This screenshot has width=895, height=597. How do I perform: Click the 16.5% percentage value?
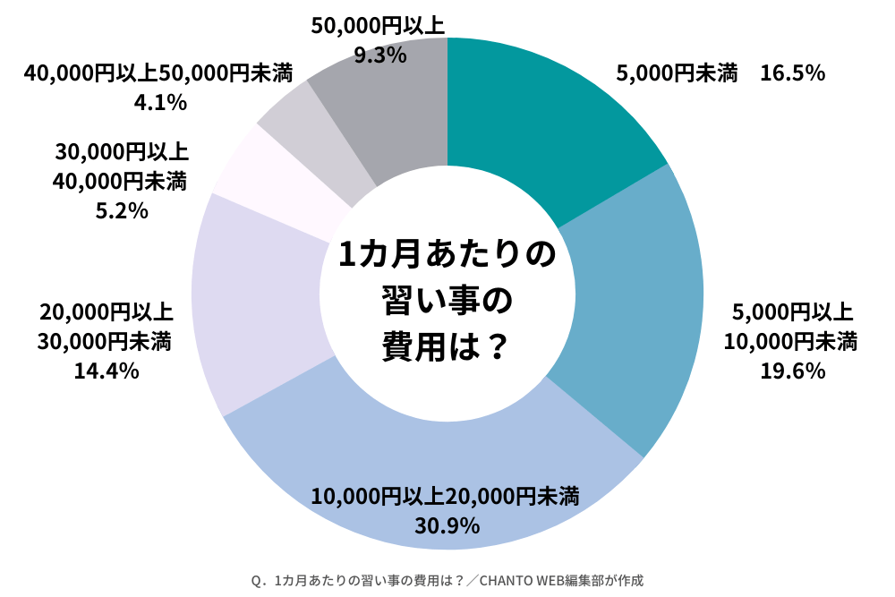click(x=791, y=73)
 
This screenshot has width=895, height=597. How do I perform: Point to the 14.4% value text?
click(x=106, y=370)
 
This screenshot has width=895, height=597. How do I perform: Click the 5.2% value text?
click(x=121, y=211)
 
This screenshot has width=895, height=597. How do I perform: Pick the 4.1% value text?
click(x=160, y=103)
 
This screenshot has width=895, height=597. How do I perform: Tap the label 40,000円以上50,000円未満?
click(x=160, y=73)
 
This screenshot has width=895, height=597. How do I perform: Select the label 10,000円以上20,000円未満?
click(x=445, y=495)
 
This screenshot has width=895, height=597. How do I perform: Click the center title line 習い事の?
click(x=446, y=301)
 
